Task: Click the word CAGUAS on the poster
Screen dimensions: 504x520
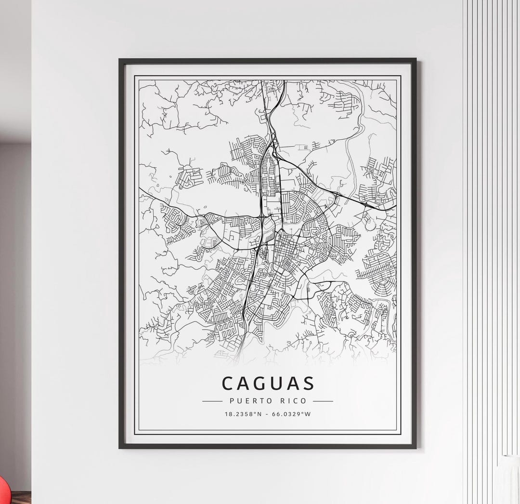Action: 268,383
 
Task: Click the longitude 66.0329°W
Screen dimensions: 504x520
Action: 292,414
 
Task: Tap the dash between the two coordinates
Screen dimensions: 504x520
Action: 267,414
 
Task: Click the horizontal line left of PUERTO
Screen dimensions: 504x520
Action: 212,401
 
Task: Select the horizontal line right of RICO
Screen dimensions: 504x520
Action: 323,401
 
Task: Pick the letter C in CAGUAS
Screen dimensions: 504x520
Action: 228,383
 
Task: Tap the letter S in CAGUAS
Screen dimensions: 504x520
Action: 308,383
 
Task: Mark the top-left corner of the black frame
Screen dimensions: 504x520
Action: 120,60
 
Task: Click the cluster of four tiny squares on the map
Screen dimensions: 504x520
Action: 304,147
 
